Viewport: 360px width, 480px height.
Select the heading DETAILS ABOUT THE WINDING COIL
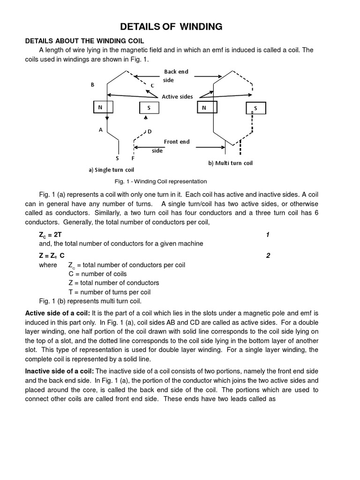pyautogui.click(x=84, y=42)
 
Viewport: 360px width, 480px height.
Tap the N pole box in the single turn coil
pyautogui.click(x=100, y=108)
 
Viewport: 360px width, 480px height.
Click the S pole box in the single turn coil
pyautogui.click(x=149, y=108)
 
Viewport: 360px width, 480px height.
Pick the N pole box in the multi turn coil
pyautogui.click(x=204, y=108)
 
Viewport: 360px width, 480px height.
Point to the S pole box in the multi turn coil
pyautogui.click(x=256, y=109)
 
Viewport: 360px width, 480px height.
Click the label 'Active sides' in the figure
pyautogui.click(x=177, y=97)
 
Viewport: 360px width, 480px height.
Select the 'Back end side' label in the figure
pyautogui.click(x=176, y=76)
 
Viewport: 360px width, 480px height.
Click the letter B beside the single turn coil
pyautogui.click(x=92, y=85)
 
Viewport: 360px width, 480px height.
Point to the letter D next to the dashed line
pyautogui.click(x=150, y=131)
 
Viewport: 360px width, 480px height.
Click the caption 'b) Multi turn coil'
pyautogui.click(x=230, y=163)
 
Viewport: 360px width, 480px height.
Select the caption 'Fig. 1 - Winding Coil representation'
pyautogui.click(x=160, y=181)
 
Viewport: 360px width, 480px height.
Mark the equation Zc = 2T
pyautogui.click(x=51, y=235)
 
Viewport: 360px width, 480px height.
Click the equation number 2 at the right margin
pyautogui.click(x=268, y=255)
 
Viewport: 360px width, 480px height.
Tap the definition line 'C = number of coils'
pyautogui.click(x=97, y=274)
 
